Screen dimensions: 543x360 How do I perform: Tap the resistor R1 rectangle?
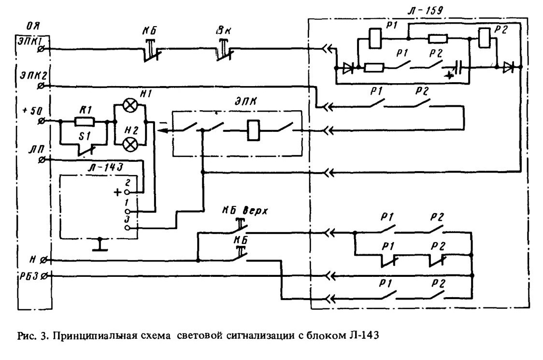84,122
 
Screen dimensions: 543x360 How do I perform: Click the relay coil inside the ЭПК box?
254,130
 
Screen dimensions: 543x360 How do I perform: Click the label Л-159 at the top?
425,10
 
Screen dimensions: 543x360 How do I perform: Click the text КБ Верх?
245,211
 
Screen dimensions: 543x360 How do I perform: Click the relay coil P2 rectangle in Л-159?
484,38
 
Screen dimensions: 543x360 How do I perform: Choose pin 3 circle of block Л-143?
128,228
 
